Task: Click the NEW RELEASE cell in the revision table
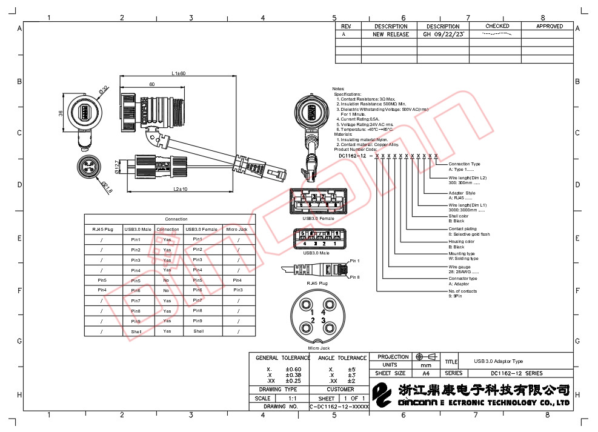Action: pos(390,35)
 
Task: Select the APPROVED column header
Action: pos(550,26)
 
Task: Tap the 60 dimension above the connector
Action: pos(151,84)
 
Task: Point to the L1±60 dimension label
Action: pos(178,73)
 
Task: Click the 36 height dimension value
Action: pos(61,113)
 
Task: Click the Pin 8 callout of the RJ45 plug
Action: pos(354,277)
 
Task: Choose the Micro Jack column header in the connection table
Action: pos(237,229)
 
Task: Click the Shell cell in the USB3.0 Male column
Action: pos(136,331)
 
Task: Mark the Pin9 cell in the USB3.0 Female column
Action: pos(198,321)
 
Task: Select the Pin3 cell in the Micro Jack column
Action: pos(237,290)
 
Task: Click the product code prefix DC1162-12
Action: pos(351,156)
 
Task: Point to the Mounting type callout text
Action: pos(462,254)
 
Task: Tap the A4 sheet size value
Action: pos(425,373)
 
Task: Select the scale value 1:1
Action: pos(292,398)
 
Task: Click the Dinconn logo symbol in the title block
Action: pos(383,396)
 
